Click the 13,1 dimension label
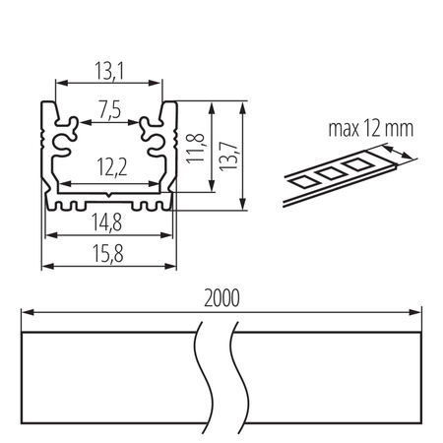pos(108,71)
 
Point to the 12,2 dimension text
pos(108,168)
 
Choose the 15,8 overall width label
pos(108,252)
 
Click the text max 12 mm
pos(359,128)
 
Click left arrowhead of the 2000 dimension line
pos(27,312)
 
